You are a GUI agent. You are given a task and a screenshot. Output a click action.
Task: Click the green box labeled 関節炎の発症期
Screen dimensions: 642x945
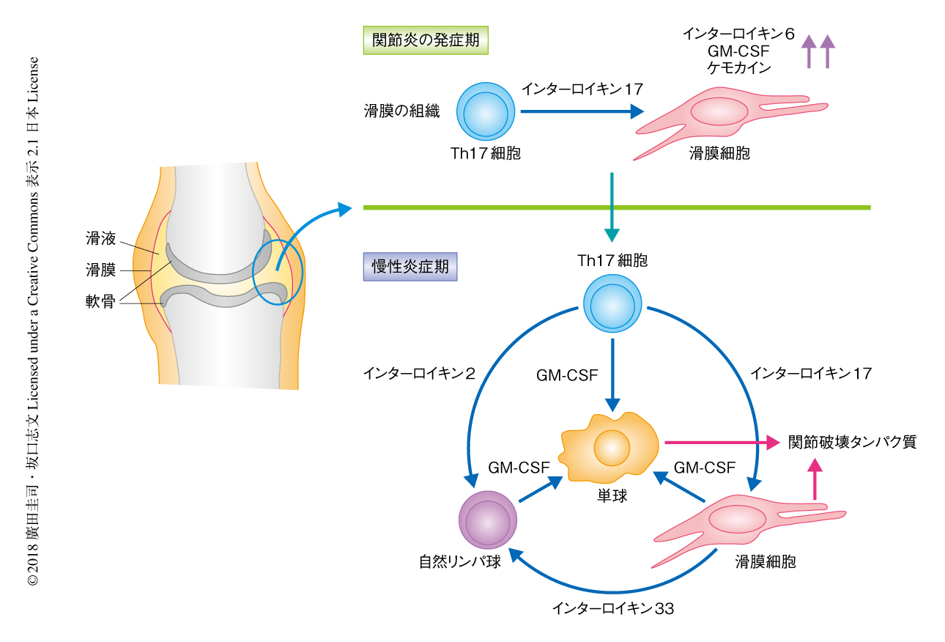tap(426, 40)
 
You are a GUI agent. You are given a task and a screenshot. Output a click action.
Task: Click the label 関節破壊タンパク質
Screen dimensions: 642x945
tap(852, 443)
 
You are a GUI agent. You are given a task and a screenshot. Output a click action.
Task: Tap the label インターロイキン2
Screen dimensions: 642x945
tap(419, 374)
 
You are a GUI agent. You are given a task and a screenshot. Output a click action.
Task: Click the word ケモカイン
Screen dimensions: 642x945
tap(738, 67)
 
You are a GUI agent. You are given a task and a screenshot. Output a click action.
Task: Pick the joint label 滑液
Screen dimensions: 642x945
tap(100, 238)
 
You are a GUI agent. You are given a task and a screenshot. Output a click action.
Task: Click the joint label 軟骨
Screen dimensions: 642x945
tap(100, 301)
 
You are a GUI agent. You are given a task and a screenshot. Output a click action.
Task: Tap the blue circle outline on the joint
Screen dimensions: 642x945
tap(278, 272)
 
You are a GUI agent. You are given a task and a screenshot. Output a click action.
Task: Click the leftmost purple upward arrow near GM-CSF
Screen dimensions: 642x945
tap(808, 52)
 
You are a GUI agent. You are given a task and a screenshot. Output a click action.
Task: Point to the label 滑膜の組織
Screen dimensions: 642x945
tap(401, 112)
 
